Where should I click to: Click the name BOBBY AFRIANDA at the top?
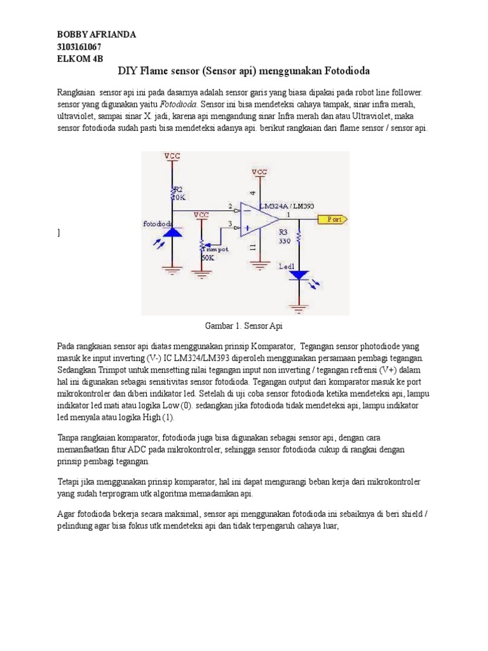[x=97, y=34]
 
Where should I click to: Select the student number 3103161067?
[x=79, y=46]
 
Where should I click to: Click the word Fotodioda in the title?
[x=349, y=70]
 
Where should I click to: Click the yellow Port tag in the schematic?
[x=332, y=219]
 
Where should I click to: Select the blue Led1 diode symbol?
[x=299, y=275]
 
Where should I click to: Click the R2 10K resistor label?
[x=179, y=193]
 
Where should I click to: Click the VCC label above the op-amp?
[x=259, y=172]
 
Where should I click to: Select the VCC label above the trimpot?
[x=201, y=215]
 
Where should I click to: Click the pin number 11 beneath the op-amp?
[x=254, y=247]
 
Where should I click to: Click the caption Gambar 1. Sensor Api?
[x=243, y=326]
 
